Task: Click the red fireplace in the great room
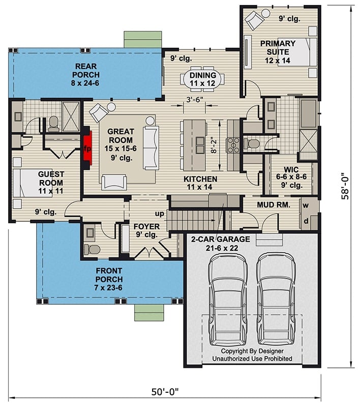[87, 149]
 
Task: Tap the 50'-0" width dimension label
[165, 392]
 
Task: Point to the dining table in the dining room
[203, 79]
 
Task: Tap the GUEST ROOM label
[50, 179]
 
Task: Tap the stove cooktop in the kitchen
[234, 145]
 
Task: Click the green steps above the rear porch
[143, 40]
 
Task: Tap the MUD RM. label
[274, 206]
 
